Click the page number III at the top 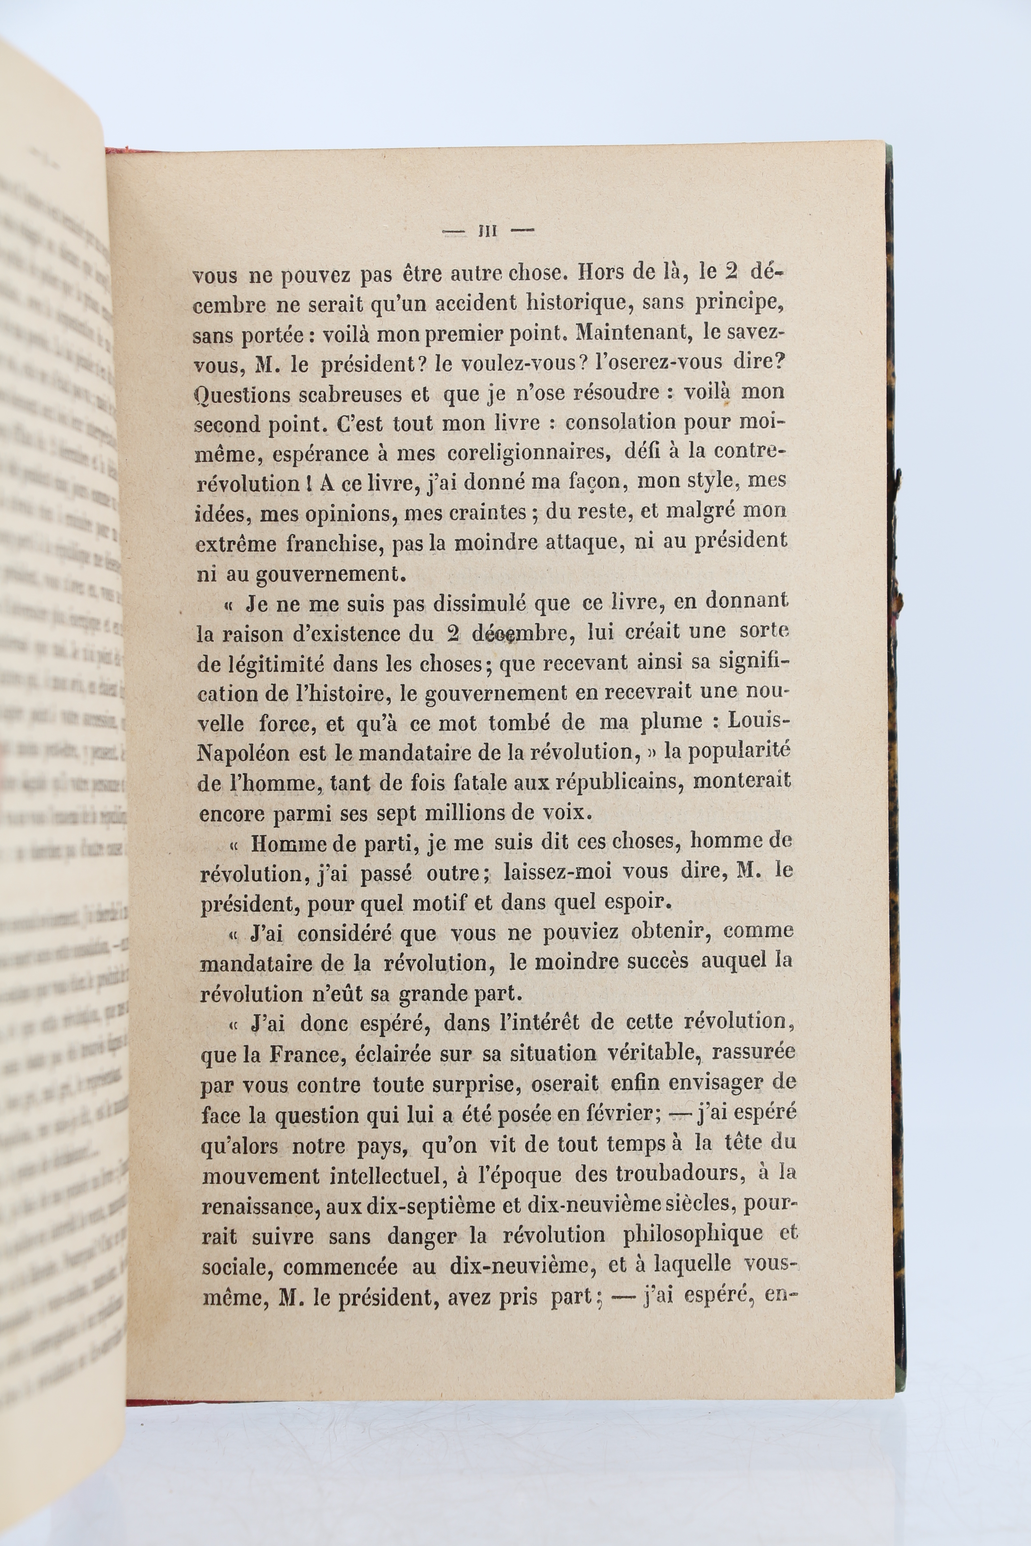487,231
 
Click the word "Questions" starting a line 241,395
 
